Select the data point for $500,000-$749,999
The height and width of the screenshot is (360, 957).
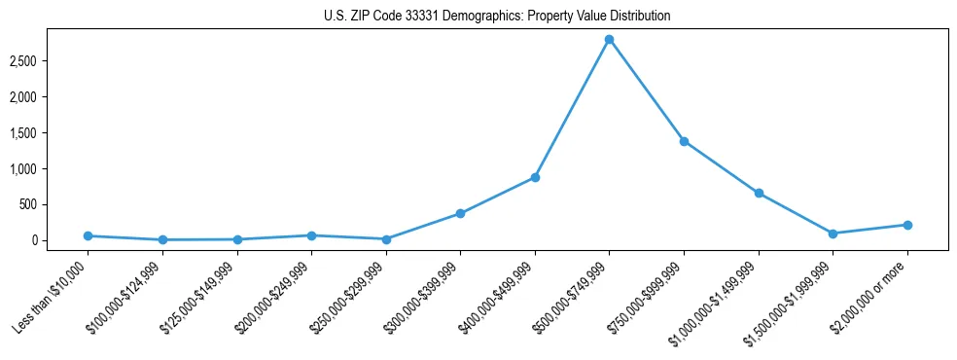click(x=609, y=39)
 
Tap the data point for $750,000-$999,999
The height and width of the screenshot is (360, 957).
click(x=684, y=141)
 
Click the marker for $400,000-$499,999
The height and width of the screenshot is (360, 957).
click(x=535, y=177)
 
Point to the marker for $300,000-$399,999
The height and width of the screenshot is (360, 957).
click(x=460, y=213)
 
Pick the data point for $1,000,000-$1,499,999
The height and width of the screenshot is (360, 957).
click(x=759, y=193)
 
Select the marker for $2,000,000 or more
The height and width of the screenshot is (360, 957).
click(x=907, y=225)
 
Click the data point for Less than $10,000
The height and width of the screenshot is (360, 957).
click(x=88, y=235)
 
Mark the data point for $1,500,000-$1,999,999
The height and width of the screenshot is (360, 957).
click(x=833, y=234)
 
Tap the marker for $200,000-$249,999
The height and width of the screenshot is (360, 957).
click(x=311, y=235)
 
